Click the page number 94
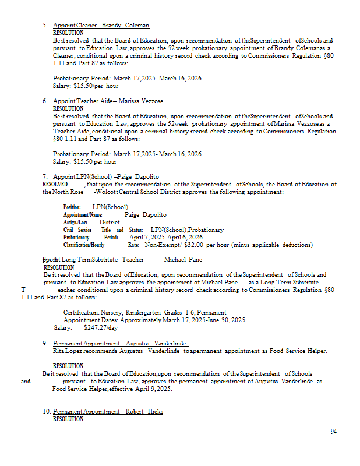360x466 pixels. tap(333, 432)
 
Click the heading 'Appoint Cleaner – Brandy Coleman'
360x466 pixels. tap(101, 26)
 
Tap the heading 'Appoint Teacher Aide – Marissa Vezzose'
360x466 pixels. tap(108, 101)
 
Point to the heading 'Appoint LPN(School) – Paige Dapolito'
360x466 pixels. tap(106, 176)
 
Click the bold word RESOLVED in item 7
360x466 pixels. tap(55, 184)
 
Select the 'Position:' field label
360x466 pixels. tap(72, 207)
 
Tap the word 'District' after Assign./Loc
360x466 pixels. tap(110, 222)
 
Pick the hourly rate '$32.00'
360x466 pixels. tap(195, 245)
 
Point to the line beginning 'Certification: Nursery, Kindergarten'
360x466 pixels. tap(145, 312)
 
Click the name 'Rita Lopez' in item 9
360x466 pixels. tap(68, 351)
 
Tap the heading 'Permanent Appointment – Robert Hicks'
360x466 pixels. tap(108, 411)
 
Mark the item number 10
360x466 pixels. tap(46, 411)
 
